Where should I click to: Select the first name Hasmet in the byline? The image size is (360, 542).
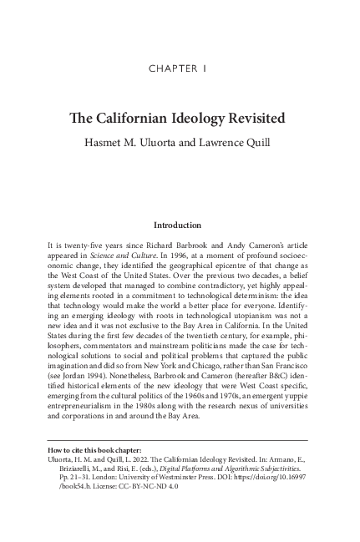pyautogui.click(x=127, y=139)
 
